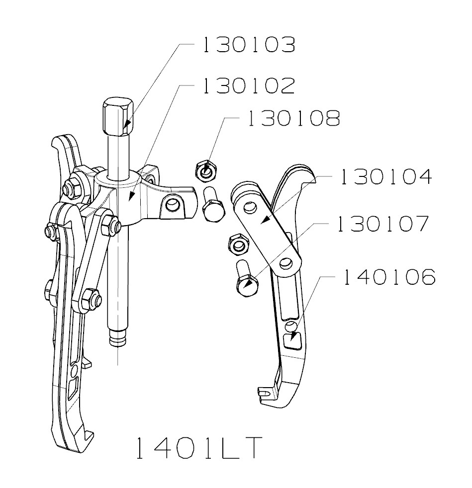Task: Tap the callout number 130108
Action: [x=293, y=118]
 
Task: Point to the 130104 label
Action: [x=386, y=177]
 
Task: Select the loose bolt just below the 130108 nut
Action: [x=213, y=204]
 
